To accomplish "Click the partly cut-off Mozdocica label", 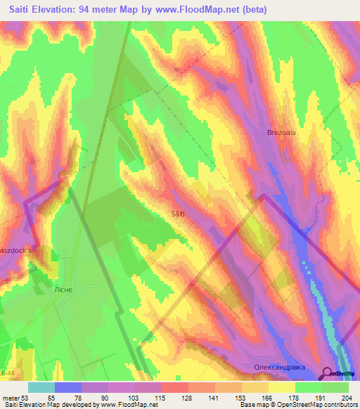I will (16, 249).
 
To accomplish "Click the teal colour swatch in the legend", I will (41, 387).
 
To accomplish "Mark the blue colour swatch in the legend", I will (68, 387).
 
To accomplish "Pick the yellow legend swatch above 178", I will (282, 387).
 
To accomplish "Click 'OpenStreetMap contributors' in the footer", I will (315, 405).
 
